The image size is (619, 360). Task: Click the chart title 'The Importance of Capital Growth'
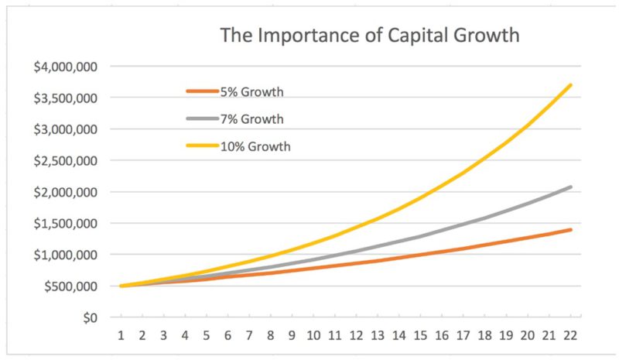pyautogui.click(x=370, y=35)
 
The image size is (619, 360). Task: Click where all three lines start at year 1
pyautogui.click(x=121, y=286)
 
